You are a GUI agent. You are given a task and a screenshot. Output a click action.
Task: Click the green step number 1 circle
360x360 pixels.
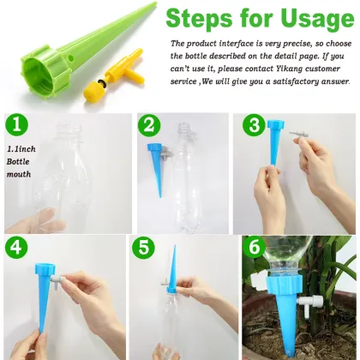click(17, 128)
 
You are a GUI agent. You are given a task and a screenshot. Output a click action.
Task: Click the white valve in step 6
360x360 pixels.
click(318, 325)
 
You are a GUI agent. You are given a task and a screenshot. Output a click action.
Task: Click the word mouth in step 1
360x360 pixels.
click(19, 174)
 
